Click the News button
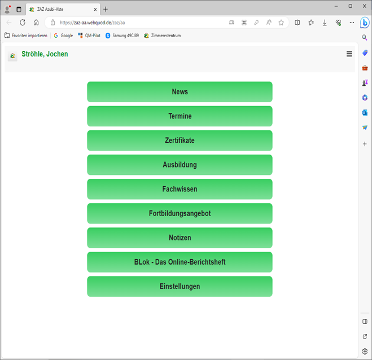click(x=180, y=92)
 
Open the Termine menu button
click(x=180, y=116)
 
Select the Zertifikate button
click(x=180, y=141)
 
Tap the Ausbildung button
click(x=180, y=165)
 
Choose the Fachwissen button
click(x=180, y=189)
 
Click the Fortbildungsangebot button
click(x=180, y=213)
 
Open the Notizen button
click(x=180, y=238)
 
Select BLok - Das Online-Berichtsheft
click(x=180, y=262)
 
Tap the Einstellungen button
click(x=180, y=286)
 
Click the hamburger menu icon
click(x=349, y=54)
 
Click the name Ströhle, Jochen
click(x=45, y=54)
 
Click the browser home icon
click(x=36, y=23)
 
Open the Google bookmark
click(x=63, y=36)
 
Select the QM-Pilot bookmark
click(x=89, y=36)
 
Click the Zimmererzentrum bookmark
click(x=163, y=36)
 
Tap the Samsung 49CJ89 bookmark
click(x=122, y=36)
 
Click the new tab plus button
click(x=106, y=9)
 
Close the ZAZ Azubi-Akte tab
click(x=95, y=10)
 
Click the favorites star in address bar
click(x=281, y=23)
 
